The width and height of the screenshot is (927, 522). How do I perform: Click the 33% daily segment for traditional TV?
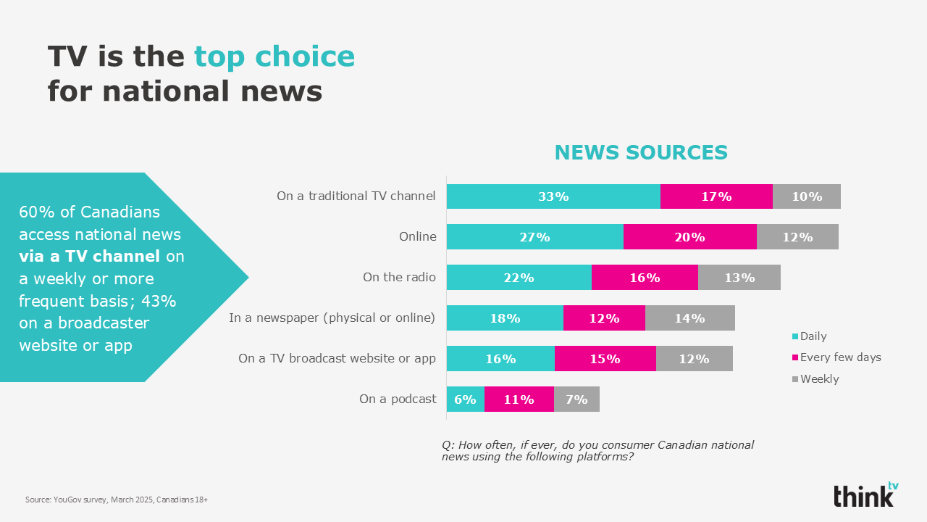[553, 196]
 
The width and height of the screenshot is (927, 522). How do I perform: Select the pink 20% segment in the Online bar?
[690, 237]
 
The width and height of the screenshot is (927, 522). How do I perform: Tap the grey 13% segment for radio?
[739, 277]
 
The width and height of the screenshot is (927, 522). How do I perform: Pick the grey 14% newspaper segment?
[690, 318]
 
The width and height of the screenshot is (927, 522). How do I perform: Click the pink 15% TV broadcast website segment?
[605, 358]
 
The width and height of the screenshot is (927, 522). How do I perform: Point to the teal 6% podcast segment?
[466, 399]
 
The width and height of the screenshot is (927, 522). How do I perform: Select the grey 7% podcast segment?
[576, 399]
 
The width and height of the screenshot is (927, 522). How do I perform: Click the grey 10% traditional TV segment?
[807, 196]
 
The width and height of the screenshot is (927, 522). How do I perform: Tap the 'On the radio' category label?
[399, 277]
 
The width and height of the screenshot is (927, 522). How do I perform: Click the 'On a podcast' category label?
[398, 399]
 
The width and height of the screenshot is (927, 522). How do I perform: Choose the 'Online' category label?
[418, 236]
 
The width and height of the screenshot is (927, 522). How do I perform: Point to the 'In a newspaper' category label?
[332, 318]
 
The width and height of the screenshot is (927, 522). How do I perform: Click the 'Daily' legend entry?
[810, 336]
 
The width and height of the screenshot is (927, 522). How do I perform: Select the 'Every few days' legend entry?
[836, 357]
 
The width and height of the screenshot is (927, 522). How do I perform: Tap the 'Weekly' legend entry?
[815, 379]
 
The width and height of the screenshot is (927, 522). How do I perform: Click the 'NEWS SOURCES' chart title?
[641, 152]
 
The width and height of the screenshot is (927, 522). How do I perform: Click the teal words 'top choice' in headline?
[274, 57]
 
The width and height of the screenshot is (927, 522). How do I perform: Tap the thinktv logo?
[866, 494]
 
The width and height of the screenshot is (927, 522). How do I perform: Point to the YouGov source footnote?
[117, 500]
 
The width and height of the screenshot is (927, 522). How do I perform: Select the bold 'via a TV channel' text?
[89, 256]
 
